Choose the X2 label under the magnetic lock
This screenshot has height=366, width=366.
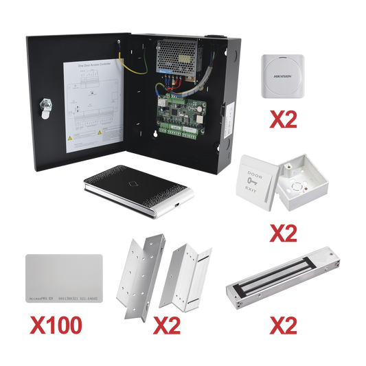tap(282, 323)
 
